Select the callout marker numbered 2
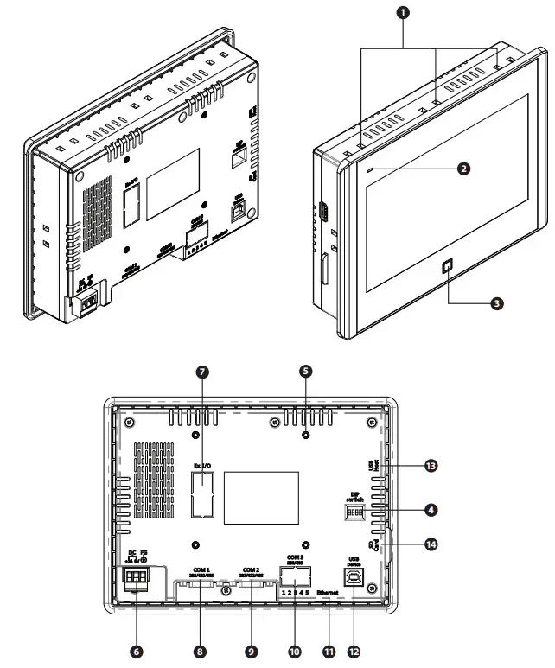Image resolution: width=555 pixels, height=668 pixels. coord(464,169)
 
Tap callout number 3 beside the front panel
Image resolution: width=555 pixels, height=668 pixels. coord(496,303)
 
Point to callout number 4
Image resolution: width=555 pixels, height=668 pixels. coord(430,510)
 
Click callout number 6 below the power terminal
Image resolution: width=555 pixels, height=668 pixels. coord(136,650)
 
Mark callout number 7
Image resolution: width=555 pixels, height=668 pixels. coord(202,372)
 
